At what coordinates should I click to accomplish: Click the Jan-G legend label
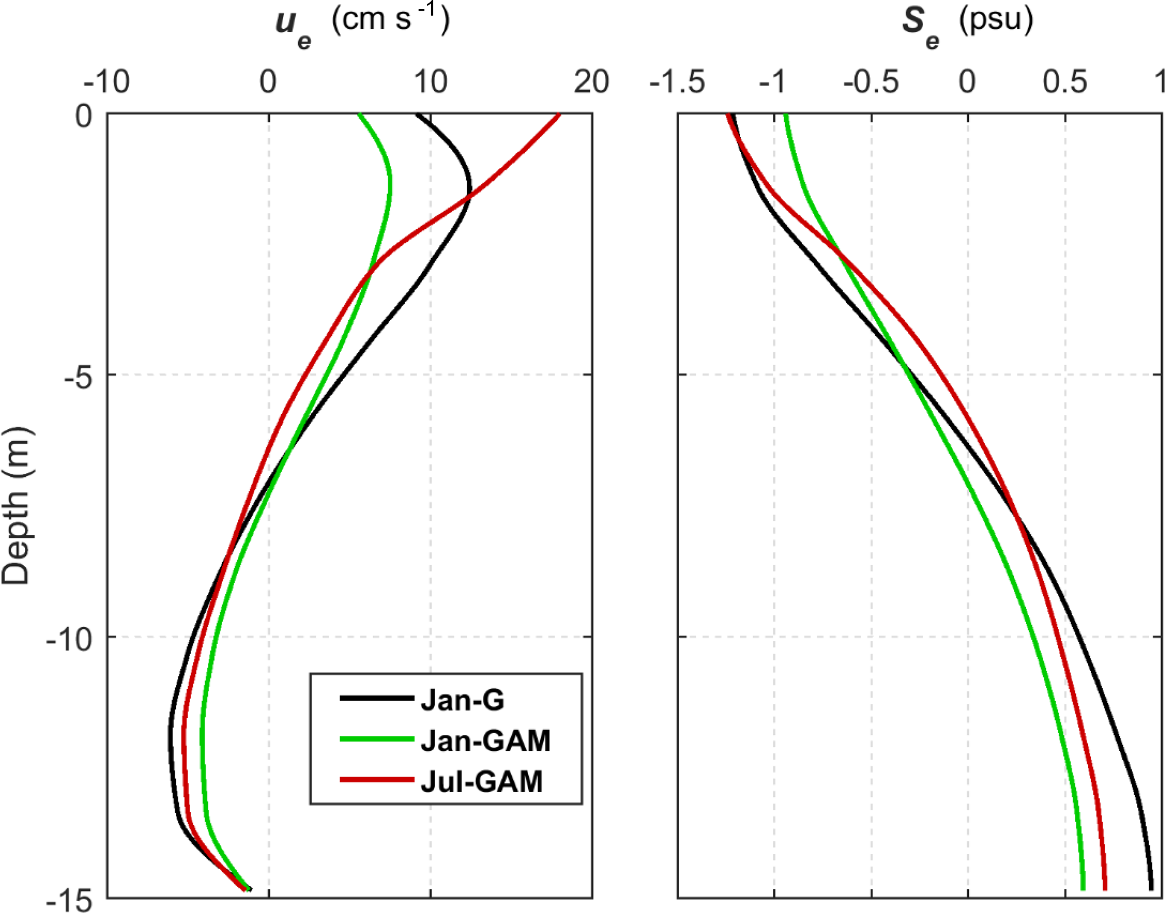tap(463, 701)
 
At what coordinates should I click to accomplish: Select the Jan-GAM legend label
tap(485, 741)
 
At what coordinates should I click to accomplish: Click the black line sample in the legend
tap(376, 699)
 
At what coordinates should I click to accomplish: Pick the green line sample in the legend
tap(376, 739)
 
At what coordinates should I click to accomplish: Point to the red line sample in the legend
tap(376, 781)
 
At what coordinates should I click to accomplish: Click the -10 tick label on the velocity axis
tap(107, 82)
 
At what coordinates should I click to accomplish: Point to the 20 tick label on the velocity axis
tap(591, 82)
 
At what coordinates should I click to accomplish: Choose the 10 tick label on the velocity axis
tap(431, 82)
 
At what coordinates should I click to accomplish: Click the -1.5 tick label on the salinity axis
tap(677, 82)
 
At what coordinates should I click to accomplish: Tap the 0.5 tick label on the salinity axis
tap(1065, 82)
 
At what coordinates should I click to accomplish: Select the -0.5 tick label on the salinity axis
tap(871, 82)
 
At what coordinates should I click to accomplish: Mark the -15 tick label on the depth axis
tap(69, 900)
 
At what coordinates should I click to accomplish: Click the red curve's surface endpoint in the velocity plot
tap(559, 116)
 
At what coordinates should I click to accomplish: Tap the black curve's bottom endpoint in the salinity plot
tap(1151, 889)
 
